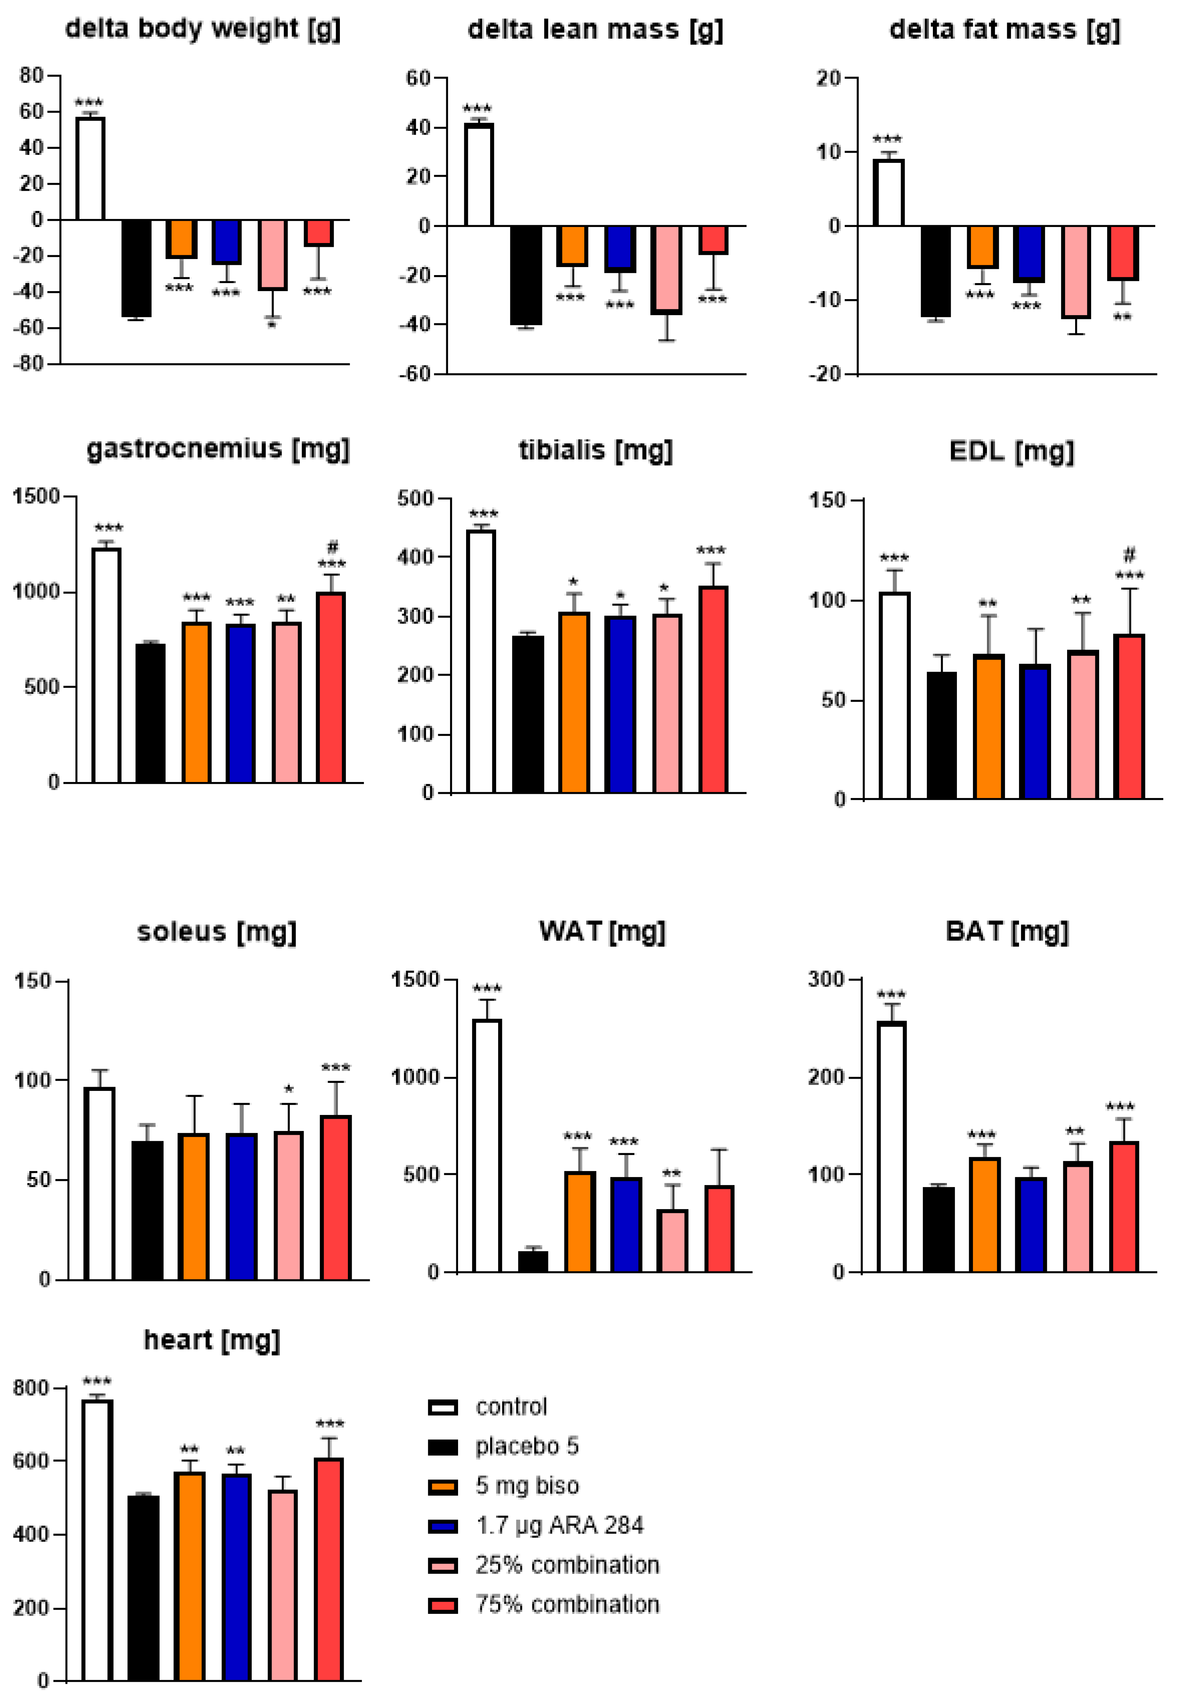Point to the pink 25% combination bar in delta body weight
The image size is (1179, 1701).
pos(273,255)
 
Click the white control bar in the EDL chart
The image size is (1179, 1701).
pos(895,696)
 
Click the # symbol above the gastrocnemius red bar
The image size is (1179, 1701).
pos(333,547)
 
